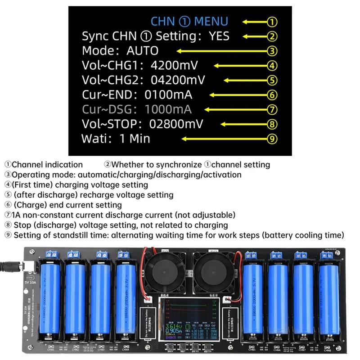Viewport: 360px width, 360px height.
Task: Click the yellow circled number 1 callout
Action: [272, 21]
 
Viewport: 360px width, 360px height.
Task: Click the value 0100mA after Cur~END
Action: [168, 94]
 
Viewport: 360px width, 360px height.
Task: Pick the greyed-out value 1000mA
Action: [168, 109]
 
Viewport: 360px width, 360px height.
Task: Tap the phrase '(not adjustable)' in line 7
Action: [210, 215]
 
